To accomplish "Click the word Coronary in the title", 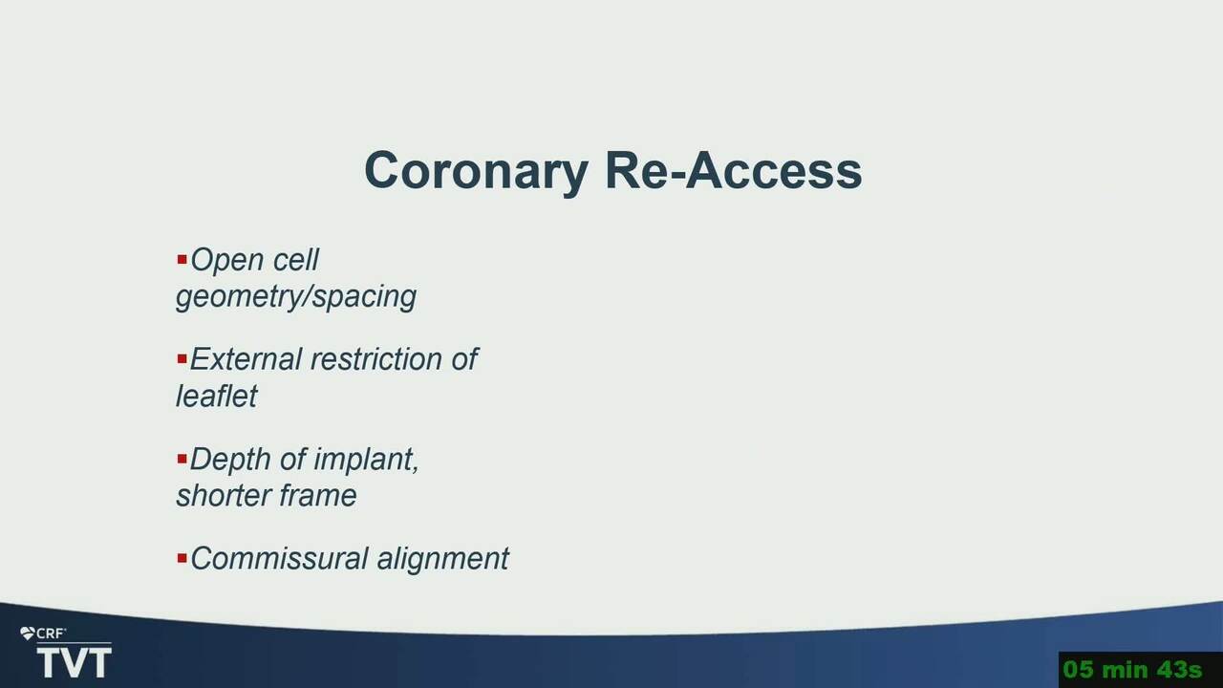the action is point(476,172).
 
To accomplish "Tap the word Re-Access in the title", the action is point(734,170).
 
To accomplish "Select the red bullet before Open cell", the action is point(182,259).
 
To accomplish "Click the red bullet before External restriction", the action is point(182,358).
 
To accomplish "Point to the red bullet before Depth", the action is point(182,459).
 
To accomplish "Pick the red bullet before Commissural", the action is point(182,558).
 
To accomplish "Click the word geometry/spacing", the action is point(296,297).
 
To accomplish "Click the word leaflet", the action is point(216,396).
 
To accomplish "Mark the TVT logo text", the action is point(74,663).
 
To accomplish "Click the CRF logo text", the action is point(50,634).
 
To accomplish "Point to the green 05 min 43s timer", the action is point(1132,670).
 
